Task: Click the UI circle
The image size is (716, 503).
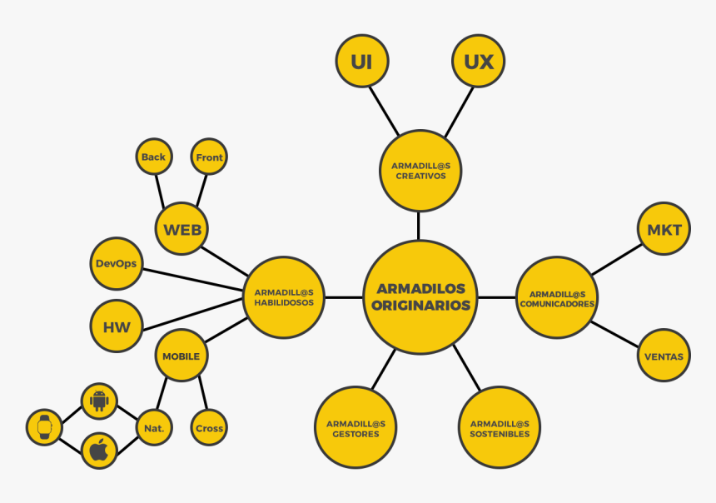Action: click(362, 61)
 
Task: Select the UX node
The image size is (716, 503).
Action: click(478, 61)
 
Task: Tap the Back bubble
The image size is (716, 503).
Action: click(154, 157)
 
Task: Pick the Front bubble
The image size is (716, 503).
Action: click(209, 157)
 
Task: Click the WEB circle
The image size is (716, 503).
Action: click(181, 228)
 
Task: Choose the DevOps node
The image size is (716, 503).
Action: click(117, 264)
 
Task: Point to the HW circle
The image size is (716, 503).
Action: click(117, 326)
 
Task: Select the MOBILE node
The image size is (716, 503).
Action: click(181, 356)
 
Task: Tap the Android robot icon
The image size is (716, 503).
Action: click(99, 401)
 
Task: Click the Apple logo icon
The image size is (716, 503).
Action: click(99, 450)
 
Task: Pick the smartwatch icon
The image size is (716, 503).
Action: click(44, 427)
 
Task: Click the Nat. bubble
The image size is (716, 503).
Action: click(154, 427)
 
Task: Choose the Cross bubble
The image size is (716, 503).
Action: click(209, 427)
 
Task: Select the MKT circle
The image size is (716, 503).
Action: click(664, 228)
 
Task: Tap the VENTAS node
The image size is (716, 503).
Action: click(664, 356)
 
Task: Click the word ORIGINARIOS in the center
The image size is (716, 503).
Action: click(420, 305)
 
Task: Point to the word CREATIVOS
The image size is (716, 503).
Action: click(420, 176)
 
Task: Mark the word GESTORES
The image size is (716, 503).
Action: click(356, 434)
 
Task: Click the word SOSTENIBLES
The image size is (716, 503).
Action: click(500, 434)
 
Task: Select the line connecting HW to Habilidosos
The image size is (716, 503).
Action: click(192, 314)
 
